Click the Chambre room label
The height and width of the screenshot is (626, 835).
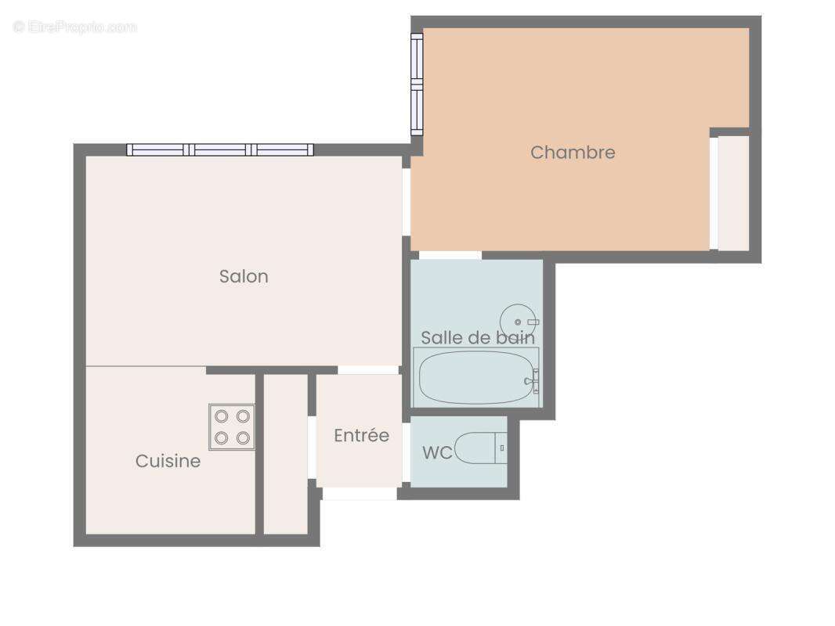tap(573, 153)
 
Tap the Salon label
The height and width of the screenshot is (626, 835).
tap(244, 276)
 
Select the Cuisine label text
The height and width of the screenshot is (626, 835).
tap(168, 461)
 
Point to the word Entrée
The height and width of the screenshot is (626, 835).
tap(361, 436)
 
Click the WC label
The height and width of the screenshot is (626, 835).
tap(437, 453)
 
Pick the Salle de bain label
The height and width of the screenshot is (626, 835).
tap(478, 338)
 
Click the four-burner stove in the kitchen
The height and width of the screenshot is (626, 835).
tap(232, 426)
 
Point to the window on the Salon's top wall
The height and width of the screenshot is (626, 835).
tap(220, 149)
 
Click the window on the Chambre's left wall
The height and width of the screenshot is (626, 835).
tap(417, 85)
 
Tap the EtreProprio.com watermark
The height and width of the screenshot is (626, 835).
tap(75, 27)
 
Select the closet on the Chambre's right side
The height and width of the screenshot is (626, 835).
tap(733, 193)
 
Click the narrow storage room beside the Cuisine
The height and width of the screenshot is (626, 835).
tap(284, 454)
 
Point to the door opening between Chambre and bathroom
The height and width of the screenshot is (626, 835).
tap(450, 255)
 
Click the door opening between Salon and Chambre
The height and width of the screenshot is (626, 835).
tap(407, 201)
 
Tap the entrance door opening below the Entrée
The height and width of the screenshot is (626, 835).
tap(360, 494)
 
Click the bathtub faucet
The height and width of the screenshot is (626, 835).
tap(534, 380)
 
